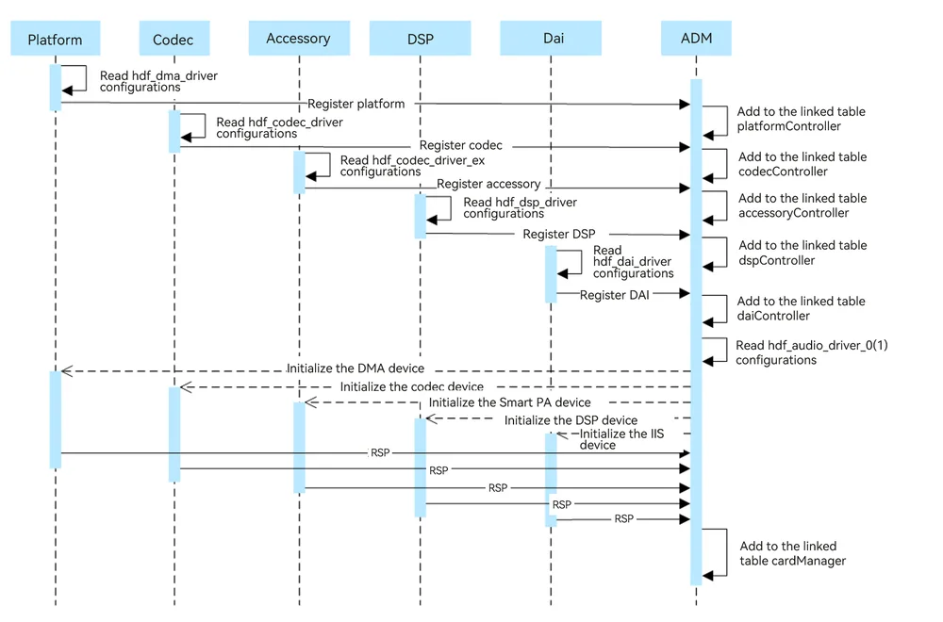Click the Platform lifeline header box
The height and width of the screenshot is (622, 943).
click(x=56, y=39)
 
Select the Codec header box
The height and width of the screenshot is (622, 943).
click(x=174, y=39)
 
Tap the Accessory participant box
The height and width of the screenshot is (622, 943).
click(x=299, y=39)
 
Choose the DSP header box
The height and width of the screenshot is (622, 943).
click(x=420, y=39)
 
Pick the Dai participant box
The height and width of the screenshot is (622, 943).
click(x=551, y=39)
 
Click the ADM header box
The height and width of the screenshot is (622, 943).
click(x=697, y=39)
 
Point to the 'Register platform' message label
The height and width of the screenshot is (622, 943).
click(x=356, y=104)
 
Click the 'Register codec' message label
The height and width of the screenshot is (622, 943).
click(x=461, y=145)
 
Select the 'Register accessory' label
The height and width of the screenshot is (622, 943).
click(x=488, y=184)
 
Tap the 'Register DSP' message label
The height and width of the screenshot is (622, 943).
click(x=558, y=234)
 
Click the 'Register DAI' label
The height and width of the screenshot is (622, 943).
click(x=614, y=295)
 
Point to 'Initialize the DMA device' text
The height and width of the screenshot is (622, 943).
click(x=356, y=368)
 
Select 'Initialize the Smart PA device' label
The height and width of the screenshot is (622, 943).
click(x=509, y=402)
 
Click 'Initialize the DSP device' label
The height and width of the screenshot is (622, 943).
click(x=571, y=420)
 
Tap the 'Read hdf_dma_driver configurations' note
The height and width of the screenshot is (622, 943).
click(x=158, y=81)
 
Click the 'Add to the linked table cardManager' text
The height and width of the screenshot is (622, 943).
click(x=793, y=553)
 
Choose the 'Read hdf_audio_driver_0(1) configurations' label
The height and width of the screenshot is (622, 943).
click(x=812, y=352)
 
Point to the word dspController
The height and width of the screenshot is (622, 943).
click(x=776, y=261)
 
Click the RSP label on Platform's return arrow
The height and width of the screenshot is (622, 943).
click(x=380, y=452)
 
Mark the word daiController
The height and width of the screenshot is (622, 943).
click(x=773, y=316)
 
